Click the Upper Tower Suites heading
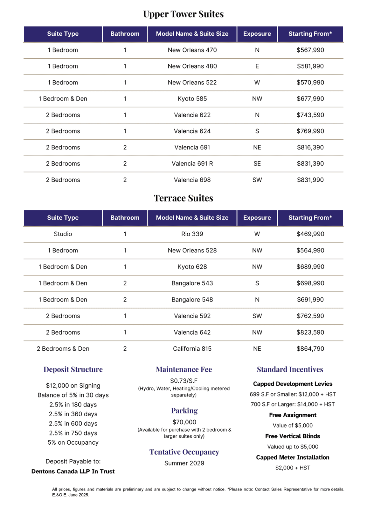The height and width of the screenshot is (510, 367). click(183, 14)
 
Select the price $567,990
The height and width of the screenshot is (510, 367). click(310, 50)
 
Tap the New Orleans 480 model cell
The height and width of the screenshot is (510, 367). click(192, 66)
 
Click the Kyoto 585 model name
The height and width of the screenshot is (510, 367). click(192, 99)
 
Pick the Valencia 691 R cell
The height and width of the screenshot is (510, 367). click(192, 164)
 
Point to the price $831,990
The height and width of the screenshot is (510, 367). click(310, 180)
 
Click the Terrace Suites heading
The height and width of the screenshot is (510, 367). click(183, 198)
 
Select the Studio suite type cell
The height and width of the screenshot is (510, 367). click(63, 234)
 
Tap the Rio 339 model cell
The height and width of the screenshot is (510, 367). click(192, 234)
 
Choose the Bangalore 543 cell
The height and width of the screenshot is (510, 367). click(192, 283)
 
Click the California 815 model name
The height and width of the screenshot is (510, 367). click(192, 349)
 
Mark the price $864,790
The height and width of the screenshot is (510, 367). click(310, 349)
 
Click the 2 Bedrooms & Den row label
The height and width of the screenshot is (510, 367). click(63, 349)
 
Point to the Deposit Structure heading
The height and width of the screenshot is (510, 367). click(73, 369)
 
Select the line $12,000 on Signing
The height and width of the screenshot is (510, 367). click(73, 386)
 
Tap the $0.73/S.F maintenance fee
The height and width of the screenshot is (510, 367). click(184, 381)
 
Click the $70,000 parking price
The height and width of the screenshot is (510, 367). click(184, 422)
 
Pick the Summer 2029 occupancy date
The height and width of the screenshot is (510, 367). click(184, 463)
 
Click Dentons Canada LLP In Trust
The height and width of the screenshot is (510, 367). click(73, 471)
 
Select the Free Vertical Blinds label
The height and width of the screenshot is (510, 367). click(293, 436)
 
